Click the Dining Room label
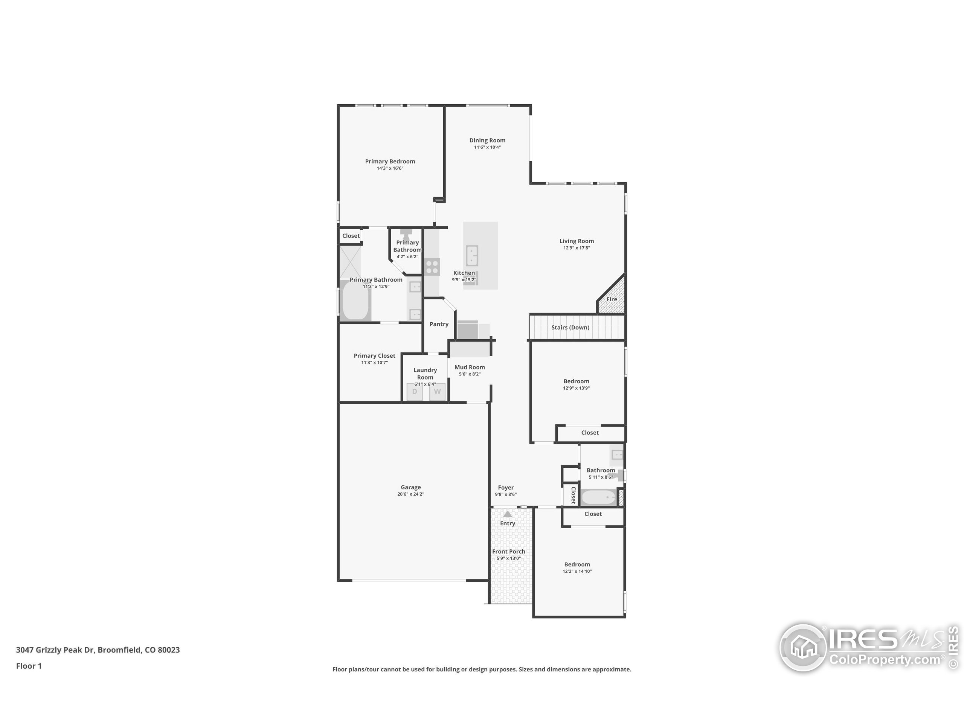point(487,140)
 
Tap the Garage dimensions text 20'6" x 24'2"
point(410,494)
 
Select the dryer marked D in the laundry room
point(415,391)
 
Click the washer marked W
point(437,391)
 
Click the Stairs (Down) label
point(570,327)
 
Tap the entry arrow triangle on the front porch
point(507,514)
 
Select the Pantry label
point(439,324)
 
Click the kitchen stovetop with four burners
point(432,267)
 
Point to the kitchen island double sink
point(472,255)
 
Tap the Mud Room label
point(469,368)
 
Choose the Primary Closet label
point(374,355)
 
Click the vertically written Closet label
point(573,496)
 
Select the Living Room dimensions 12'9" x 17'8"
point(577,248)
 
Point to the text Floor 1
point(29,666)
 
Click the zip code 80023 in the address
point(169,650)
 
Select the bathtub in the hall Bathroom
point(599,497)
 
